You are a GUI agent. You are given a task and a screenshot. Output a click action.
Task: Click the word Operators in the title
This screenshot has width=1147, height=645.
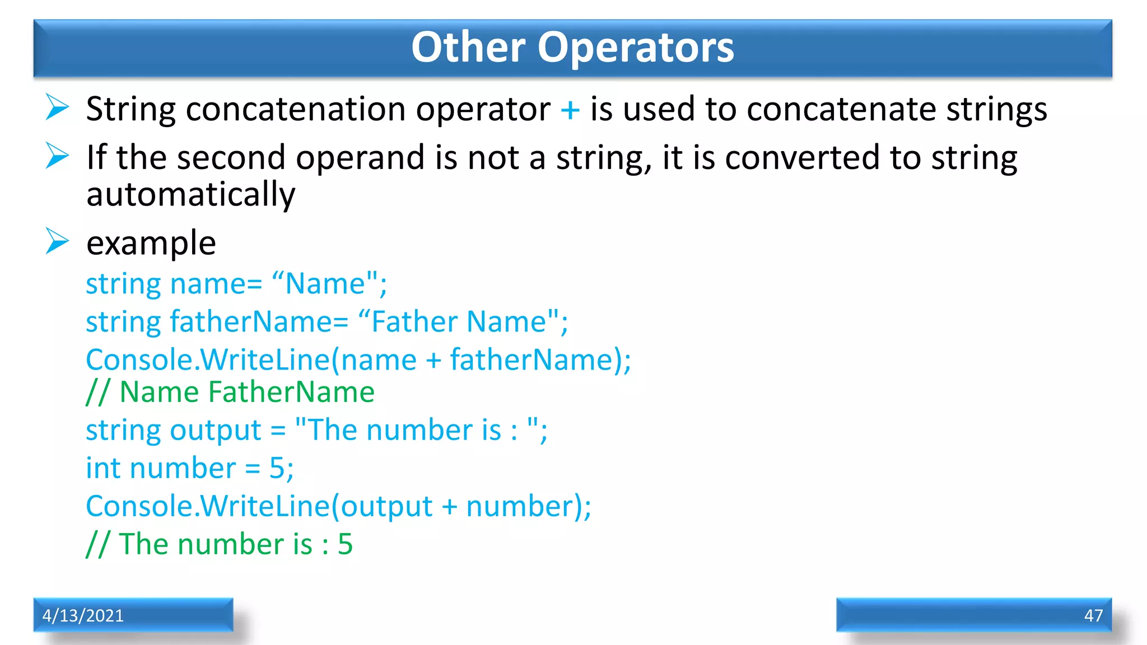pos(635,48)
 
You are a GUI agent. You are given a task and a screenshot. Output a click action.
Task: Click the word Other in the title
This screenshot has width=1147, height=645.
pos(468,47)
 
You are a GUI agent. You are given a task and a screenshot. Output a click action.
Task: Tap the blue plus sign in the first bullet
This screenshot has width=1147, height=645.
pos(570,109)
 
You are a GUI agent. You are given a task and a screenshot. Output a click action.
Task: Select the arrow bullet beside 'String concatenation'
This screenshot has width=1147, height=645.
pos(57,107)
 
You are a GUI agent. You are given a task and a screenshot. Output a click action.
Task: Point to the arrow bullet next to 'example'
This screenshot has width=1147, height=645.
pos(57,241)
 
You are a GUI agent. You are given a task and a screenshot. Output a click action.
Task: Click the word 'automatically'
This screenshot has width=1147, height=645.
pos(190,195)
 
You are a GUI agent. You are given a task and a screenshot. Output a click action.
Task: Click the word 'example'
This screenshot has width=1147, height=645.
pos(151,244)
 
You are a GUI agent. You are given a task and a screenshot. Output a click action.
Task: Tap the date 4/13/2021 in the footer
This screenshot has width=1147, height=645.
pos(83,615)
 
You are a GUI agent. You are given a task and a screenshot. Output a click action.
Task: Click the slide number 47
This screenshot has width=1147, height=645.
pos(1093,615)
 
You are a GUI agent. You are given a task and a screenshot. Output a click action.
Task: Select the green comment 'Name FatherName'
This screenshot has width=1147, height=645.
pos(246,392)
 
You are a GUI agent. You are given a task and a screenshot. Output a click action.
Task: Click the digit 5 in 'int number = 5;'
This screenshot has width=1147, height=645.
pos(277,468)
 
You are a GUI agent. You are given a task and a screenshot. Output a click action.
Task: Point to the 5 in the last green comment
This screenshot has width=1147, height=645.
pos(345,544)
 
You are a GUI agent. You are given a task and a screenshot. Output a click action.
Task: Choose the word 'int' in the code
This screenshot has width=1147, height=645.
pos(102,468)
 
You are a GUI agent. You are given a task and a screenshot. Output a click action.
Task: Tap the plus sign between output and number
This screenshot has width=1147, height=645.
pos(449,507)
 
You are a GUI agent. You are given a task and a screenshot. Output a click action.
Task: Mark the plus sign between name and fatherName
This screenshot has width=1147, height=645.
pos(433,360)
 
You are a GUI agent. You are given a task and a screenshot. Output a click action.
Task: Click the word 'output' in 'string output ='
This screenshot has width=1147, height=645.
pos(216,431)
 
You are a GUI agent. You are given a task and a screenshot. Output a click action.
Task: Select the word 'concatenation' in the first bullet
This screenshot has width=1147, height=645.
pos(296,109)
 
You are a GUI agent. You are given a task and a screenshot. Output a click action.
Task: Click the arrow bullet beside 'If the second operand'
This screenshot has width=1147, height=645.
pos(57,156)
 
